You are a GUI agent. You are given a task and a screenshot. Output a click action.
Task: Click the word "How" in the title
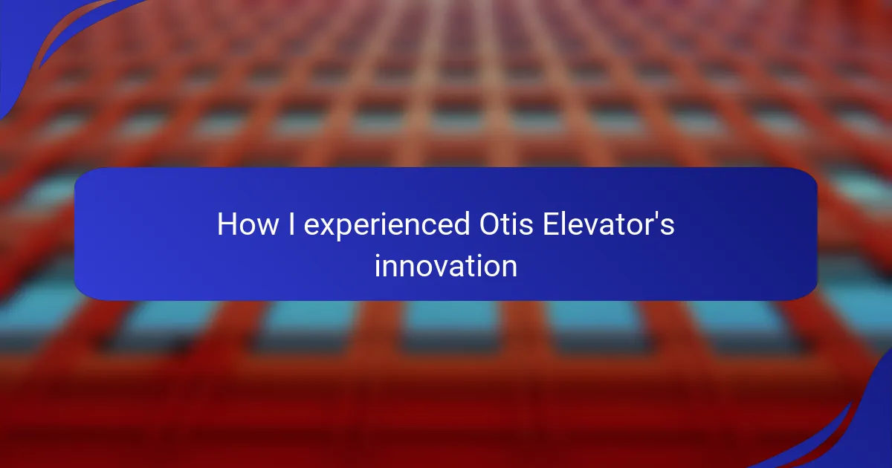point(248,224)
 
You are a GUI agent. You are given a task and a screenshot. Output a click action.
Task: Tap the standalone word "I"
point(291,224)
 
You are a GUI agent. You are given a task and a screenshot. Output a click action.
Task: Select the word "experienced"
point(387,226)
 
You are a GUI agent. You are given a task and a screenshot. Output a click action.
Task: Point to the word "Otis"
point(506,224)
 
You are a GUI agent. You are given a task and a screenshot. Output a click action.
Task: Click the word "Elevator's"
point(609,224)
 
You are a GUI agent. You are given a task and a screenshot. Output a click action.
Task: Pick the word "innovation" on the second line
point(446,266)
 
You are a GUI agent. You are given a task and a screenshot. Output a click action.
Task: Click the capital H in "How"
point(226,224)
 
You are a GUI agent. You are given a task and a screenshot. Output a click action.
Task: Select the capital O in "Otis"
point(490,224)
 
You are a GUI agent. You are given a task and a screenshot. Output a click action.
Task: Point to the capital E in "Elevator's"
point(551,224)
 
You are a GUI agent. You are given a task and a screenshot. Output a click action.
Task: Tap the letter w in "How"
point(267,227)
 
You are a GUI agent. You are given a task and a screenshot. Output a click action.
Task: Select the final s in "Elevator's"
point(668,227)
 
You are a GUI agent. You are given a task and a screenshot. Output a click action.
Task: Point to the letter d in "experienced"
point(462,224)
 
